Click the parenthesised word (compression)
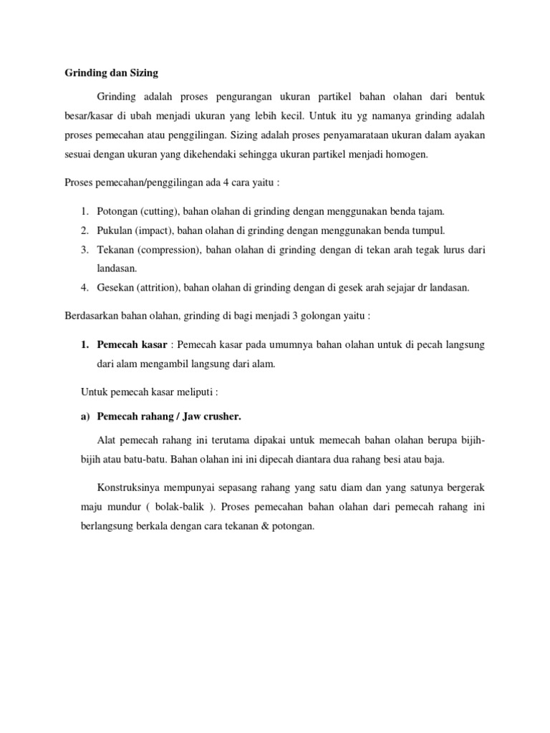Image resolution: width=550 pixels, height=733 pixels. pos(167,250)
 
